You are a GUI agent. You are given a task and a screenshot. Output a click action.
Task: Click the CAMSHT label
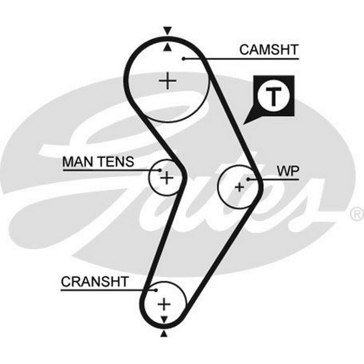pyautogui.click(x=269, y=50)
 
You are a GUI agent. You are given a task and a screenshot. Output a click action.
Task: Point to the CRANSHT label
pyautogui.click(x=95, y=281)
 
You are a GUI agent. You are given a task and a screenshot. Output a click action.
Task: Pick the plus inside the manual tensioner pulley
pyautogui.click(x=167, y=178)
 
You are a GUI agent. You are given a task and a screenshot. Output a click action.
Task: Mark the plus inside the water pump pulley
pyautogui.click(x=239, y=187)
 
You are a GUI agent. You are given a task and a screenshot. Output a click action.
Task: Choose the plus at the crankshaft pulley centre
pyautogui.click(x=164, y=303)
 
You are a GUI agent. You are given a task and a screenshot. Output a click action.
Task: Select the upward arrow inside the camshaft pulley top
pyautogui.click(x=167, y=47)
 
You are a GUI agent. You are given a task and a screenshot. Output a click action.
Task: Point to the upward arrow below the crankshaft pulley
pyautogui.click(x=164, y=334)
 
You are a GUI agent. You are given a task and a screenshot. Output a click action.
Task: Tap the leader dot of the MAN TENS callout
pyautogui.click(x=160, y=170)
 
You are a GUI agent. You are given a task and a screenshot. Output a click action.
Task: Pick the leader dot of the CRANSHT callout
pyautogui.click(x=156, y=290)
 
